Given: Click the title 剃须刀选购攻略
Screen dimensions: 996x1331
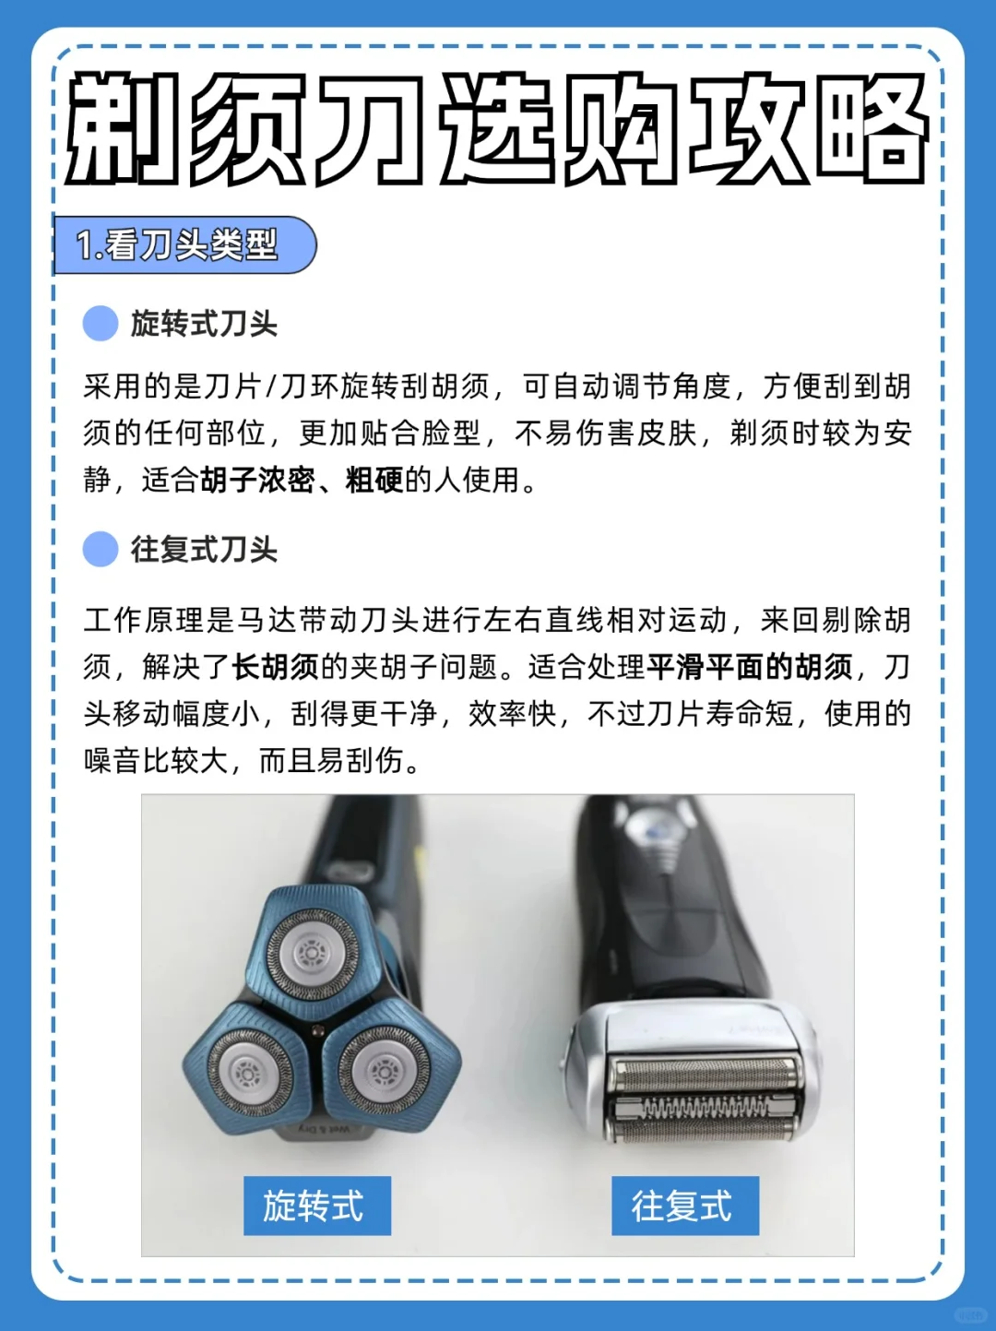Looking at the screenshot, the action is [x=496, y=128].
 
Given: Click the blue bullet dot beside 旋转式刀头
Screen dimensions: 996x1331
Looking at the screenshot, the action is [x=100, y=323].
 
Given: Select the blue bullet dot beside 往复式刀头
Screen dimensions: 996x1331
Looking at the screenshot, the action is [x=100, y=550].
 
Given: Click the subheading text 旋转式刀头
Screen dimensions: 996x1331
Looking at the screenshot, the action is [x=205, y=323].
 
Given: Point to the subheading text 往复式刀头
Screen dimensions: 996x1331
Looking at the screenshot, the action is [x=205, y=550].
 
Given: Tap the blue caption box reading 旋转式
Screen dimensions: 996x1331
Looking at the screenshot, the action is [x=317, y=1206].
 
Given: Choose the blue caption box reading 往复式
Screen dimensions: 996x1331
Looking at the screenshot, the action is [x=685, y=1206].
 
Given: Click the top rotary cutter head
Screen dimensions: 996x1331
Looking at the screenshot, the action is [x=313, y=954].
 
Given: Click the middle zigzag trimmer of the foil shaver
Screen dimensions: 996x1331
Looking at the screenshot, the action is [x=704, y=1109].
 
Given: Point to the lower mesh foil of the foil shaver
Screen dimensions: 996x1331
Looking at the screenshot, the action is [x=704, y=1133].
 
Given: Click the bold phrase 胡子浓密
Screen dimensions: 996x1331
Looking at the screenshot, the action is [x=257, y=481].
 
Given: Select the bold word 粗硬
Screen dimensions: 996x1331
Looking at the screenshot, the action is [x=374, y=481].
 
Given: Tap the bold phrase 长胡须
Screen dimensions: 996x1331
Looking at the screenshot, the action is [x=276, y=667].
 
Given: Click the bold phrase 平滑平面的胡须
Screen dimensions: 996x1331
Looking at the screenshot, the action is [x=750, y=667].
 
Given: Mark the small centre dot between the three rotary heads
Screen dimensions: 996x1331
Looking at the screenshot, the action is [x=316, y=1030].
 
